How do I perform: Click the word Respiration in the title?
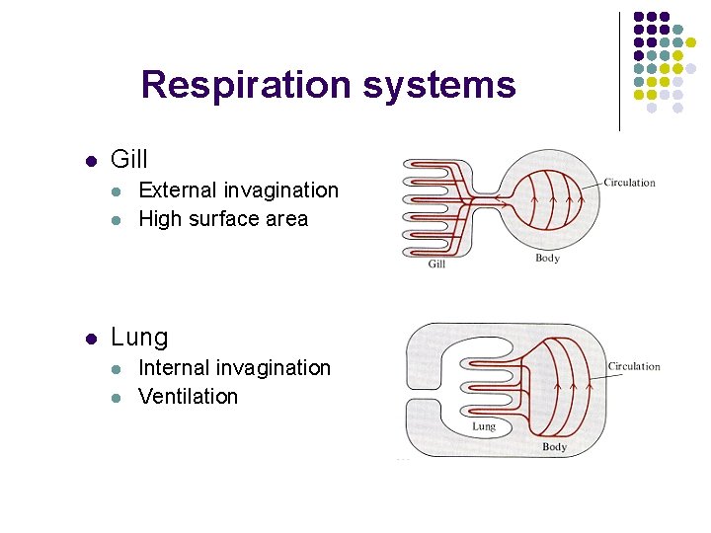click(247, 85)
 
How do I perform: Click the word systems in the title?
click(438, 85)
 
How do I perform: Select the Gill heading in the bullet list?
click(129, 160)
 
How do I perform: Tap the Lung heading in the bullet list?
click(139, 338)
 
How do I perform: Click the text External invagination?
click(238, 190)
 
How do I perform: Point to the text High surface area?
click(223, 219)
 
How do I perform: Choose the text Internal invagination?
click(234, 368)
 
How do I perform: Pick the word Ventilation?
click(188, 397)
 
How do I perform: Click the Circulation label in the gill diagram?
click(629, 183)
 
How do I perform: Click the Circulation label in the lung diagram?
click(634, 367)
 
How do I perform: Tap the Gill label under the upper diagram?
click(436, 264)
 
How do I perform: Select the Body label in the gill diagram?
click(547, 259)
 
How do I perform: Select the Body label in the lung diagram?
click(554, 447)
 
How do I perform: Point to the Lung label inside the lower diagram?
click(484, 426)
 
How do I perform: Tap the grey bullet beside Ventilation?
click(117, 398)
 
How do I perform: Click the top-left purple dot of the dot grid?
click(638, 17)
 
